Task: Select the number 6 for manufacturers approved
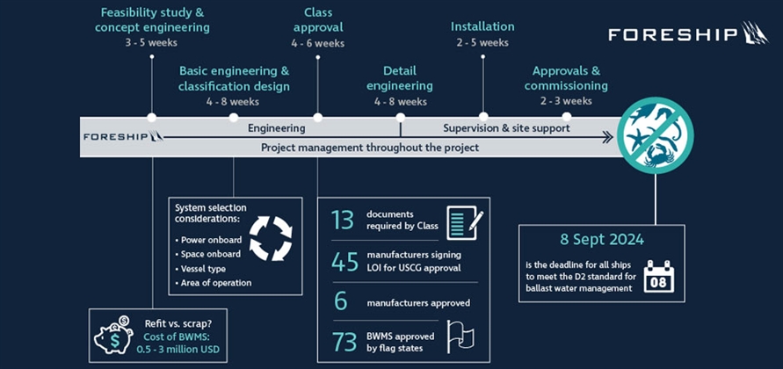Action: [342, 301]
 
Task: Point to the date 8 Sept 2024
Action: [601, 240]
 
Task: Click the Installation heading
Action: [482, 26]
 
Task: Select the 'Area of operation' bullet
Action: [216, 282]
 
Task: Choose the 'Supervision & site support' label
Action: [505, 128]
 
